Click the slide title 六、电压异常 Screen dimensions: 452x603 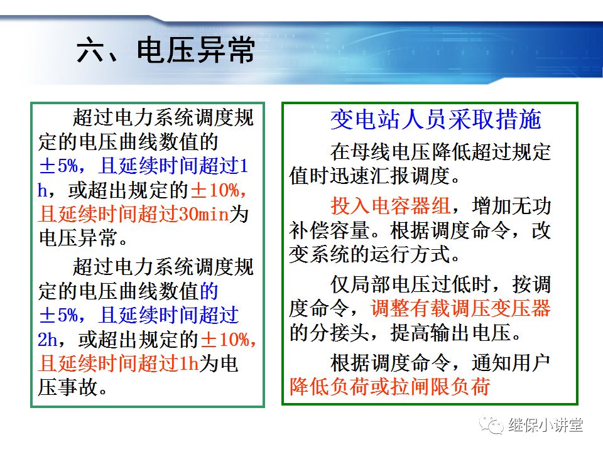pos(166,51)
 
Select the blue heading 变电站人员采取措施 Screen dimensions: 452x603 pos(435,119)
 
